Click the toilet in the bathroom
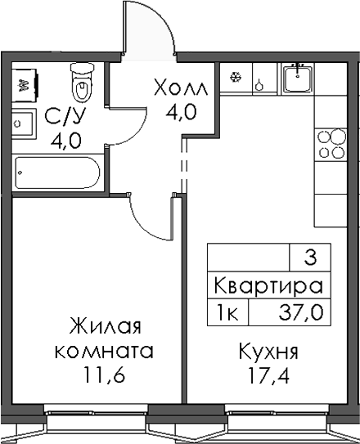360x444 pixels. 81,82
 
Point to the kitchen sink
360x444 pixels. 299,78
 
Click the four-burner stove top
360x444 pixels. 331,144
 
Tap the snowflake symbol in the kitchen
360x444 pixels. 236,79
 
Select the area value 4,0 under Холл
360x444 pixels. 181,112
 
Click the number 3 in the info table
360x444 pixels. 309,258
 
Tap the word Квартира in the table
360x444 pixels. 267,286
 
